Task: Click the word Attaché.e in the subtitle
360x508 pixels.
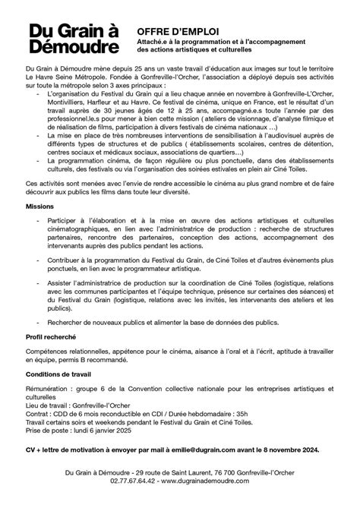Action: click(x=153, y=45)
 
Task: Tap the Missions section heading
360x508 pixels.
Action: click(x=39, y=228)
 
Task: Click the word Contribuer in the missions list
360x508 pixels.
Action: click(x=63, y=279)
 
